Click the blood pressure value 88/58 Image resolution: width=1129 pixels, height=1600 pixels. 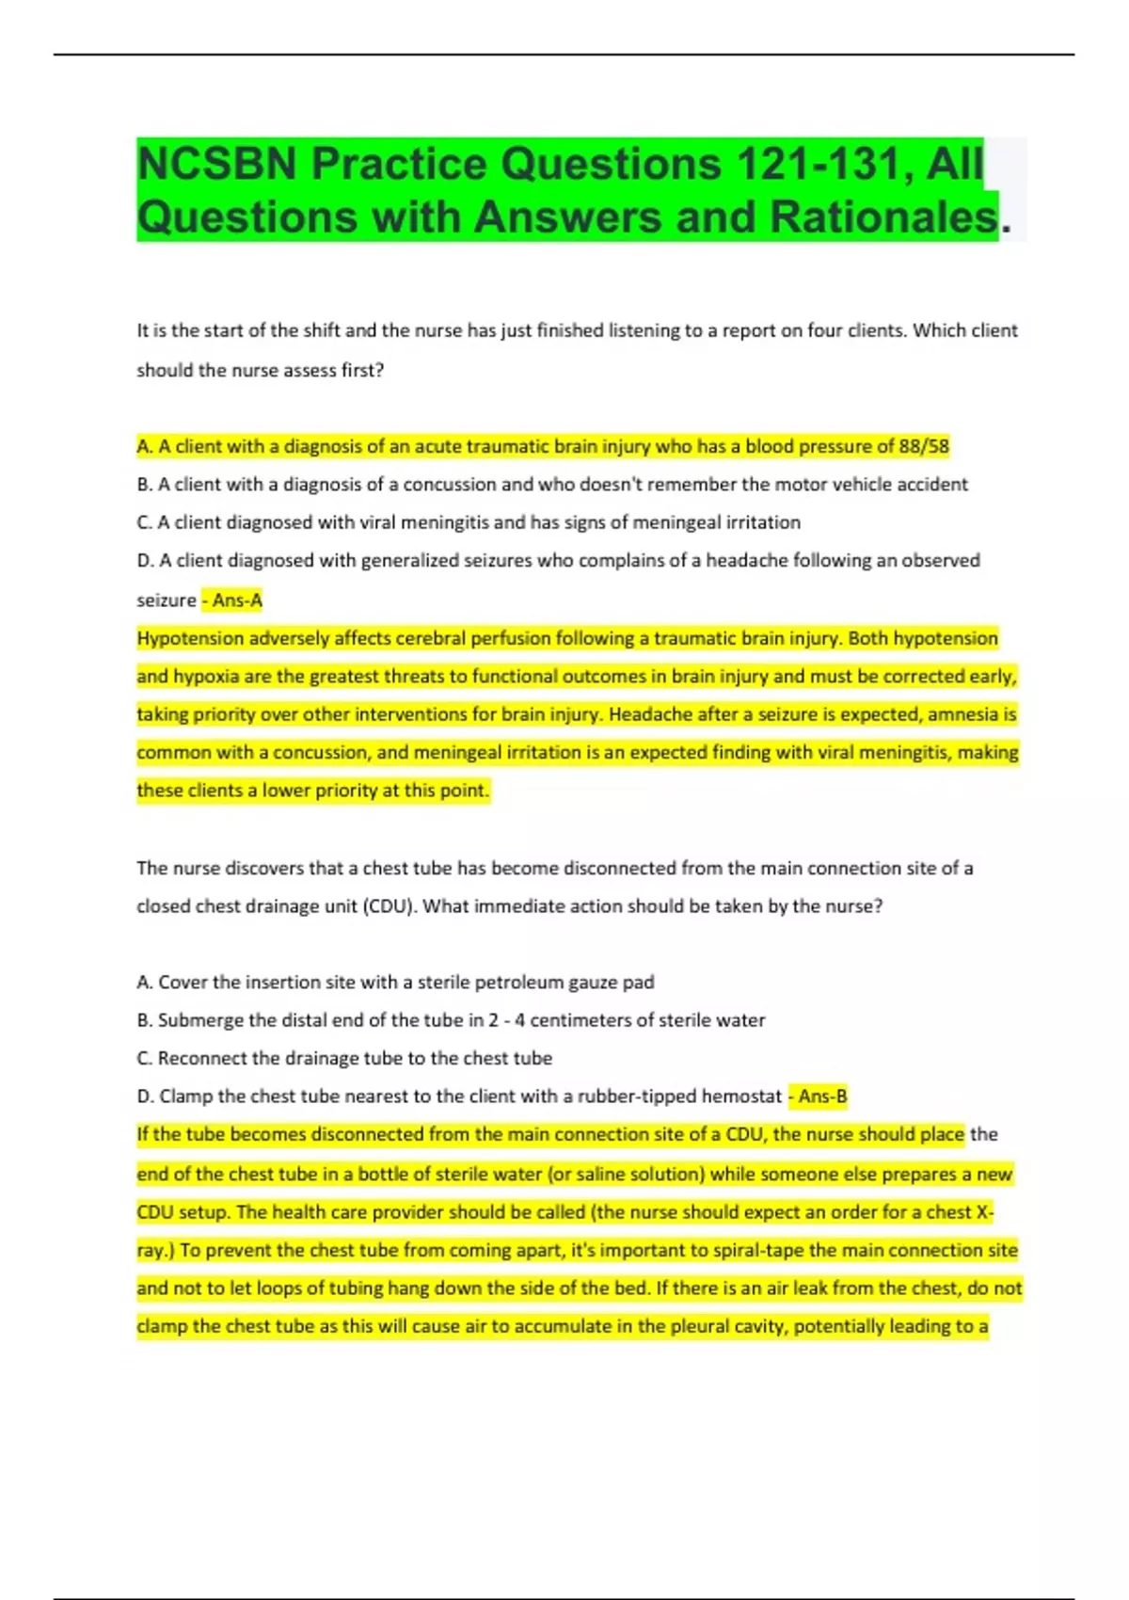pos(924,446)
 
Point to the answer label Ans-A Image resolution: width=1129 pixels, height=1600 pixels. pos(237,600)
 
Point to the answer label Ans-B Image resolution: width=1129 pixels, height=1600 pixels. pos(822,1096)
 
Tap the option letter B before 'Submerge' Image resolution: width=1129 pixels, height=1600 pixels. pos(144,1020)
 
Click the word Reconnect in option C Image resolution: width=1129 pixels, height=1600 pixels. pos(202,1058)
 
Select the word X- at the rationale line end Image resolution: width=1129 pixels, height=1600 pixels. pos(984,1212)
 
